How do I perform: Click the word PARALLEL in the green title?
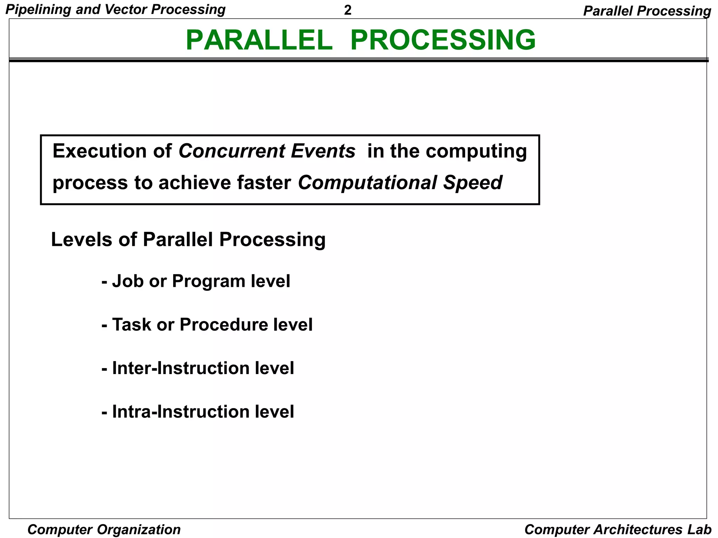[x=259, y=40]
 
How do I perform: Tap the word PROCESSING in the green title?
[x=443, y=40]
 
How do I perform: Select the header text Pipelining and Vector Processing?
[x=115, y=9]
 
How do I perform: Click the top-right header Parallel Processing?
[x=647, y=11]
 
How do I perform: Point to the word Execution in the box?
[x=100, y=151]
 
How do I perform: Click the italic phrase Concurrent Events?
[x=267, y=151]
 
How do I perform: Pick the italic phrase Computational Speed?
[x=400, y=183]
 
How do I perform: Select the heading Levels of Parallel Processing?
[x=188, y=240]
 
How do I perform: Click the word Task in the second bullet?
[x=132, y=325]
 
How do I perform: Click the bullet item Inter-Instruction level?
[x=198, y=368]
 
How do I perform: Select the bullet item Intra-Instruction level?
[x=198, y=412]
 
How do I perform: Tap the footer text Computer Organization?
[x=104, y=530]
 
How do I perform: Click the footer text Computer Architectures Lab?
[x=618, y=530]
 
